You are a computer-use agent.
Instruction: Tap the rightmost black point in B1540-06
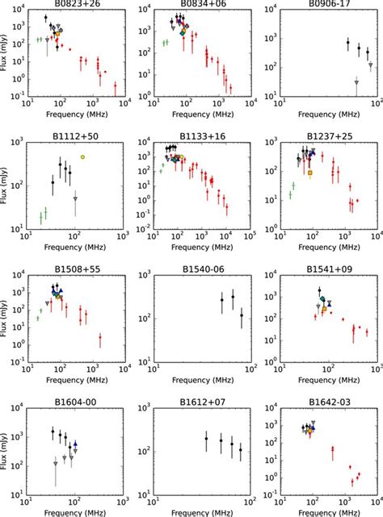(x=241, y=315)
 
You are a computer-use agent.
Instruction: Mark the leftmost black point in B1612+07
(x=206, y=439)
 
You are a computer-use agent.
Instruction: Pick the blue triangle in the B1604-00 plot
(x=75, y=444)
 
